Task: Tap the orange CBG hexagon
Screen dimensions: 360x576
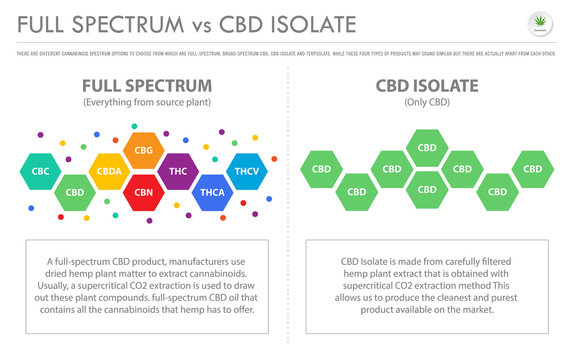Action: pyautogui.click(x=143, y=151)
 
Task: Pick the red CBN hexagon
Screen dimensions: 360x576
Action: pyautogui.click(x=143, y=192)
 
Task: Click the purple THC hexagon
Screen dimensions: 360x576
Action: pyautogui.click(x=178, y=171)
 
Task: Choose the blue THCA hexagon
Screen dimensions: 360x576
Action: pyautogui.click(x=212, y=192)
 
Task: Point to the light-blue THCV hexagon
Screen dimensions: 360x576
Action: pyautogui.click(x=247, y=171)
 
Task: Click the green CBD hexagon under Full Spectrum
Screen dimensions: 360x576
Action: pyautogui.click(x=74, y=192)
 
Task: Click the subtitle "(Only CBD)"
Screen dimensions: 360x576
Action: pyautogui.click(x=427, y=104)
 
